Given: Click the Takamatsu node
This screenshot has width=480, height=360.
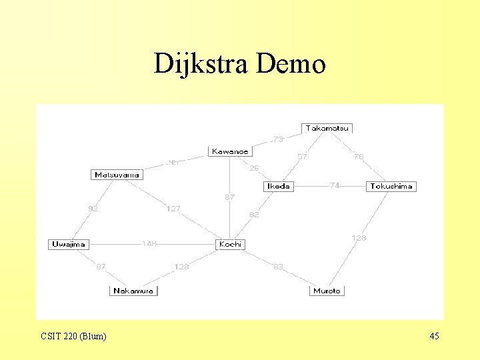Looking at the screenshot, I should click(x=327, y=128).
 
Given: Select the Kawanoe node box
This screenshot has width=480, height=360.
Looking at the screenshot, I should click(x=230, y=152).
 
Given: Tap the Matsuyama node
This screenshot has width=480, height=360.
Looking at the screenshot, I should click(x=117, y=175).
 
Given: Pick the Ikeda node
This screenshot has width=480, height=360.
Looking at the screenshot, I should click(x=278, y=187).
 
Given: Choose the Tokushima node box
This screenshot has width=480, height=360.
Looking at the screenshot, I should click(x=391, y=187).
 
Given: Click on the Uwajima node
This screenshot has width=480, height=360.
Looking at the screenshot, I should click(x=69, y=245).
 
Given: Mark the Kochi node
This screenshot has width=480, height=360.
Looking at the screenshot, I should click(x=231, y=245).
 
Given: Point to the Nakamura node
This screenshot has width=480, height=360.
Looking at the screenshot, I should click(x=133, y=291).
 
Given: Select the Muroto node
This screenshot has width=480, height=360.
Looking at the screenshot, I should click(x=327, y=291).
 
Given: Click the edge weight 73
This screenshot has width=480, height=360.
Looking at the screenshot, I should click(x=278, y=140).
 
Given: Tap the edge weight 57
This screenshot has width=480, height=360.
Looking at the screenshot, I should click(x=302, y=157).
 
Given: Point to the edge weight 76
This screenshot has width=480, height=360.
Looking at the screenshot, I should click(x=359, y=157).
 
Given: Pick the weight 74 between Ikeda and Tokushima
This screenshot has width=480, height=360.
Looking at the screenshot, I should click(x=335, y=186).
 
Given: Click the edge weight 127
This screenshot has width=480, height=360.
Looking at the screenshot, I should click(x=173, y=209).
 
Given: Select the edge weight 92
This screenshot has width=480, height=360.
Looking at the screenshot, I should click(x=93, y=209).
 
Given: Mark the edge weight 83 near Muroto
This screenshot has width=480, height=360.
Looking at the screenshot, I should click(x=278, y=267).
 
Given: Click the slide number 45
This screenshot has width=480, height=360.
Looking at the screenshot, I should click(x=434, y=336).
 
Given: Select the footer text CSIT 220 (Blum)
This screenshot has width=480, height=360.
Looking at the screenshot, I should click(x=73, y=336).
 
